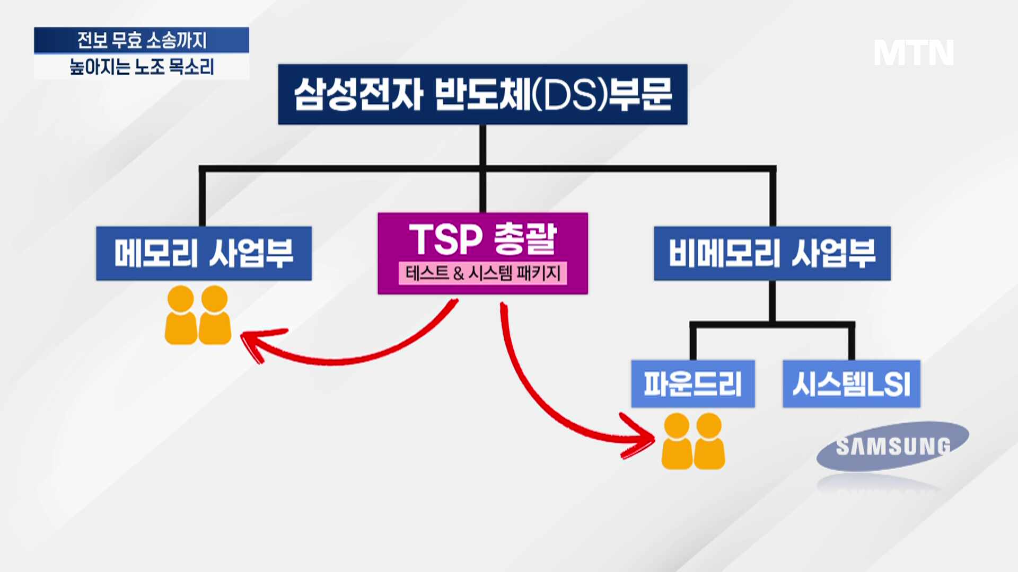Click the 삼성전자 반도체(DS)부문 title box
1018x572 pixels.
pyautogui.click(x=482, y=94)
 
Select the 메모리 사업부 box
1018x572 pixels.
pyautogui.click(x=204, y=253)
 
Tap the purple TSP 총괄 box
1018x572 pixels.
pyautogui.click(x=482, y=253)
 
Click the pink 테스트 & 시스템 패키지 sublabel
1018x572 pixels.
pyautogui.click(x=482, y=273)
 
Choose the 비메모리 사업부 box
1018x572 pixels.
pyautogui.click(x=772, y=253)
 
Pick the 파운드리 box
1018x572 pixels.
pyautogui.click(x=692, y=383)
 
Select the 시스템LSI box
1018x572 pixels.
pyautogui.click(x=852, y=383)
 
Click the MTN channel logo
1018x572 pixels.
pyautogui.click(x=914, y=52)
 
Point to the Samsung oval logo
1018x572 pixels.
pyautogui.click(x=893, y=446)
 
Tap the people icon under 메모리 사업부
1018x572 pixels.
pyautogui.click(x=198, y=315)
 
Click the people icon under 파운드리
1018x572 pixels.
pyautogui.click(x=693, y=441)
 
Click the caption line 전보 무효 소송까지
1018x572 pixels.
pyautogui.click(x=142, y=40)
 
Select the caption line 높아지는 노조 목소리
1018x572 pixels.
pyautogui.click(x=142, y=67)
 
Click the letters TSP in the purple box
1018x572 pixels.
pyautogui.click(x=445, y=239)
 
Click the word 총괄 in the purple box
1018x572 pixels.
pyautogui.click(x=525, y=239)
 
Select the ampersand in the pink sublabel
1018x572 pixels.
pyautogui.click(x=459, y=273)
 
